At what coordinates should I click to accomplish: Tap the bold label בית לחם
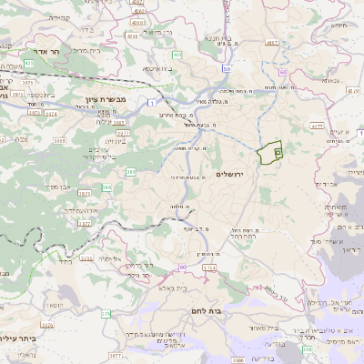click(x=239, y=309)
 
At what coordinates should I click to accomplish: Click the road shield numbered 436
click(x=177, y=55)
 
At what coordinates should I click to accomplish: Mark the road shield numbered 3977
click(x=123, y=132)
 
